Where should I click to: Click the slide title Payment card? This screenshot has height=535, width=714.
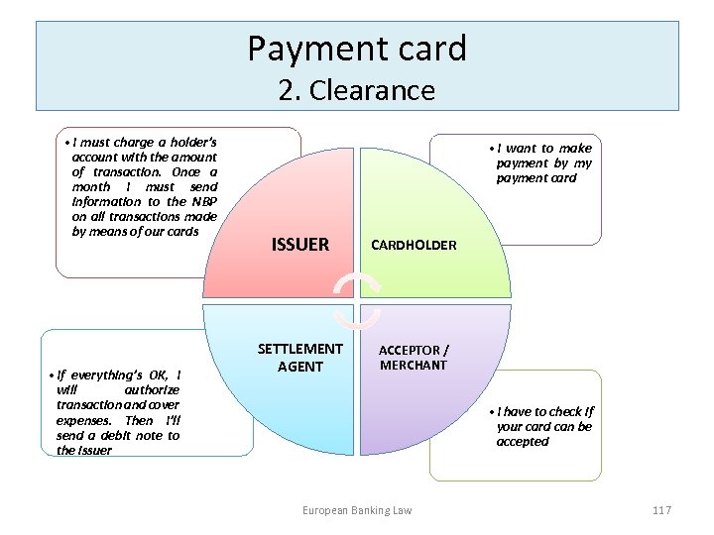click(x=357, y=48)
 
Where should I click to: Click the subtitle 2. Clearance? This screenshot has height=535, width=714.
click(x=357, y=90)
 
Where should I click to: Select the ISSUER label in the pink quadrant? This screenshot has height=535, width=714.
click(x=299, y=245)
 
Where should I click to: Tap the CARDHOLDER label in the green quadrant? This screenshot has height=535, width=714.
click(x=414, y=245)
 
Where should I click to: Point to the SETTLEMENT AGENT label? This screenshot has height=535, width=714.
click(x=299, y=358)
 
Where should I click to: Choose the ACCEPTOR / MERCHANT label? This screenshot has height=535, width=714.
click(x=414, y=358)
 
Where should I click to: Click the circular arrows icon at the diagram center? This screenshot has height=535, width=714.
click(x=356, y=300)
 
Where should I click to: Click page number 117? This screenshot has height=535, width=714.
click(x=661, y=509)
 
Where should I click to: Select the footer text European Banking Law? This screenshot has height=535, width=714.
click(x=357, y=509)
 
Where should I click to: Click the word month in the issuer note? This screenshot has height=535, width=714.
click(x=91, y=186)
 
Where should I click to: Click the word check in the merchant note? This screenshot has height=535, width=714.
click(x=560, y=411)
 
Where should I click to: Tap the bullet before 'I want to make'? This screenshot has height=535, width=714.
click(x=492, y=149)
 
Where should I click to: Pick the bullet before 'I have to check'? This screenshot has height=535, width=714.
click(x=492, y=411)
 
